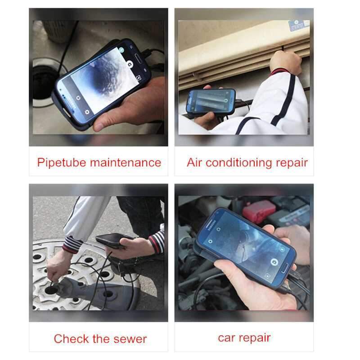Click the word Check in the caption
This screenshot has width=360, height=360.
tap(71, 338)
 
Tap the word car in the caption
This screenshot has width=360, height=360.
tap(227, 337)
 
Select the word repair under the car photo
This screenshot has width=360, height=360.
tap(256, 338)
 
